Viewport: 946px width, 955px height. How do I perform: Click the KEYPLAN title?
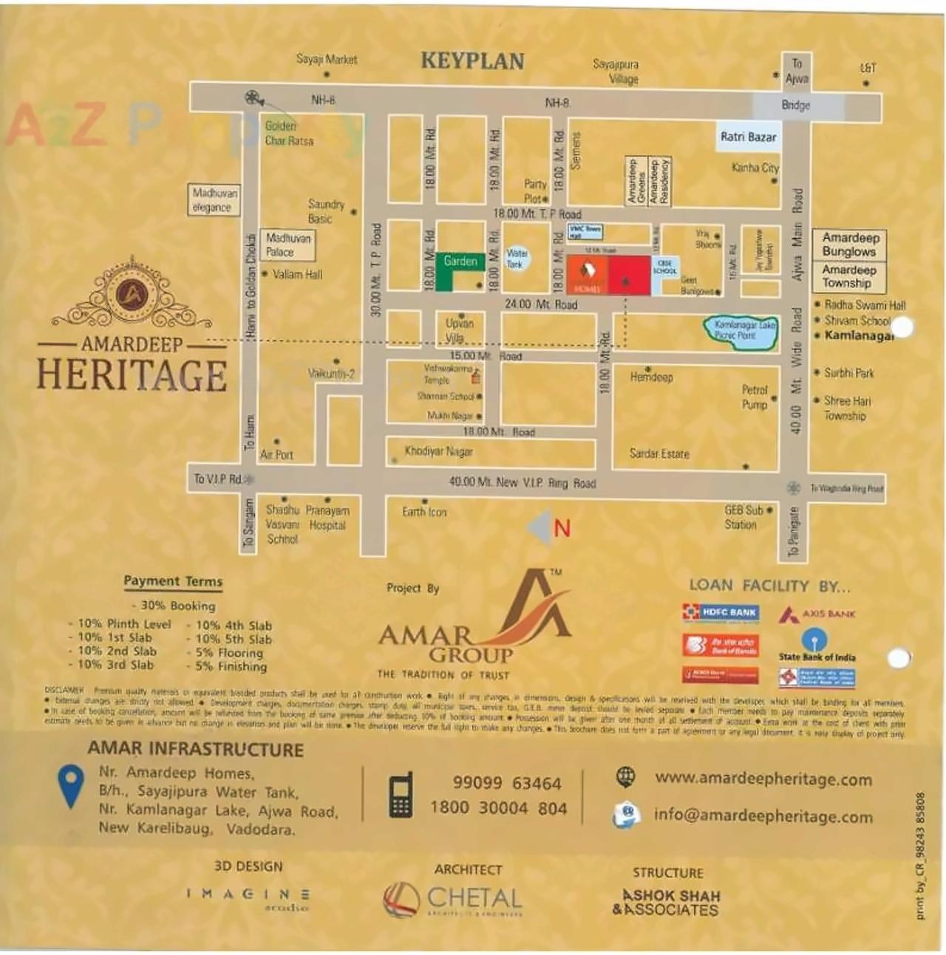click(x=472, y=61)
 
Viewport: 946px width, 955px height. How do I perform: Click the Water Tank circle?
click(x=516, y=259)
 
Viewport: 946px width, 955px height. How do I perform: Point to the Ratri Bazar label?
click(x=748, y=137)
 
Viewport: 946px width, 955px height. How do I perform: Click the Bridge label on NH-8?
click(x=796, y=106)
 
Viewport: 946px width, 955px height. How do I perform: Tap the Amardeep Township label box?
click(x=848, y=277)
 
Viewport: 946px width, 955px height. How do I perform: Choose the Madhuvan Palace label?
click(x=288, y=245)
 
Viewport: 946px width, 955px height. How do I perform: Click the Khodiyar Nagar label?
click(x=438, y=451)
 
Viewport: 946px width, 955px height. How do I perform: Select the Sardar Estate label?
click(x=659, y=453)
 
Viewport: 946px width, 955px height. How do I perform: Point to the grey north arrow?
click(x=540, y=527)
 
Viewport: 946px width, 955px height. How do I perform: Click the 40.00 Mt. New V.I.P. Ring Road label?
click(x=523, y=483)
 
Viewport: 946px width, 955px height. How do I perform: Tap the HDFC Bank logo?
click(x=720, y=612)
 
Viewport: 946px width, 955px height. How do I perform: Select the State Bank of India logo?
click(x=816, y=645)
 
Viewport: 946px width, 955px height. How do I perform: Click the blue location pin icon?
click(x=71, y=785)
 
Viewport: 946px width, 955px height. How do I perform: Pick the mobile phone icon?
click(x=401, y=795)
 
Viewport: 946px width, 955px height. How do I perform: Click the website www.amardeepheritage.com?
click(x=763, y=779)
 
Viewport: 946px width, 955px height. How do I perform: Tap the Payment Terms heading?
click(x=173, y=581)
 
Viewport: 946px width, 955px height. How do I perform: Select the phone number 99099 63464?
click(x=507, y=783)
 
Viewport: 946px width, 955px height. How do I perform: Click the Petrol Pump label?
click(x=755, y=397)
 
